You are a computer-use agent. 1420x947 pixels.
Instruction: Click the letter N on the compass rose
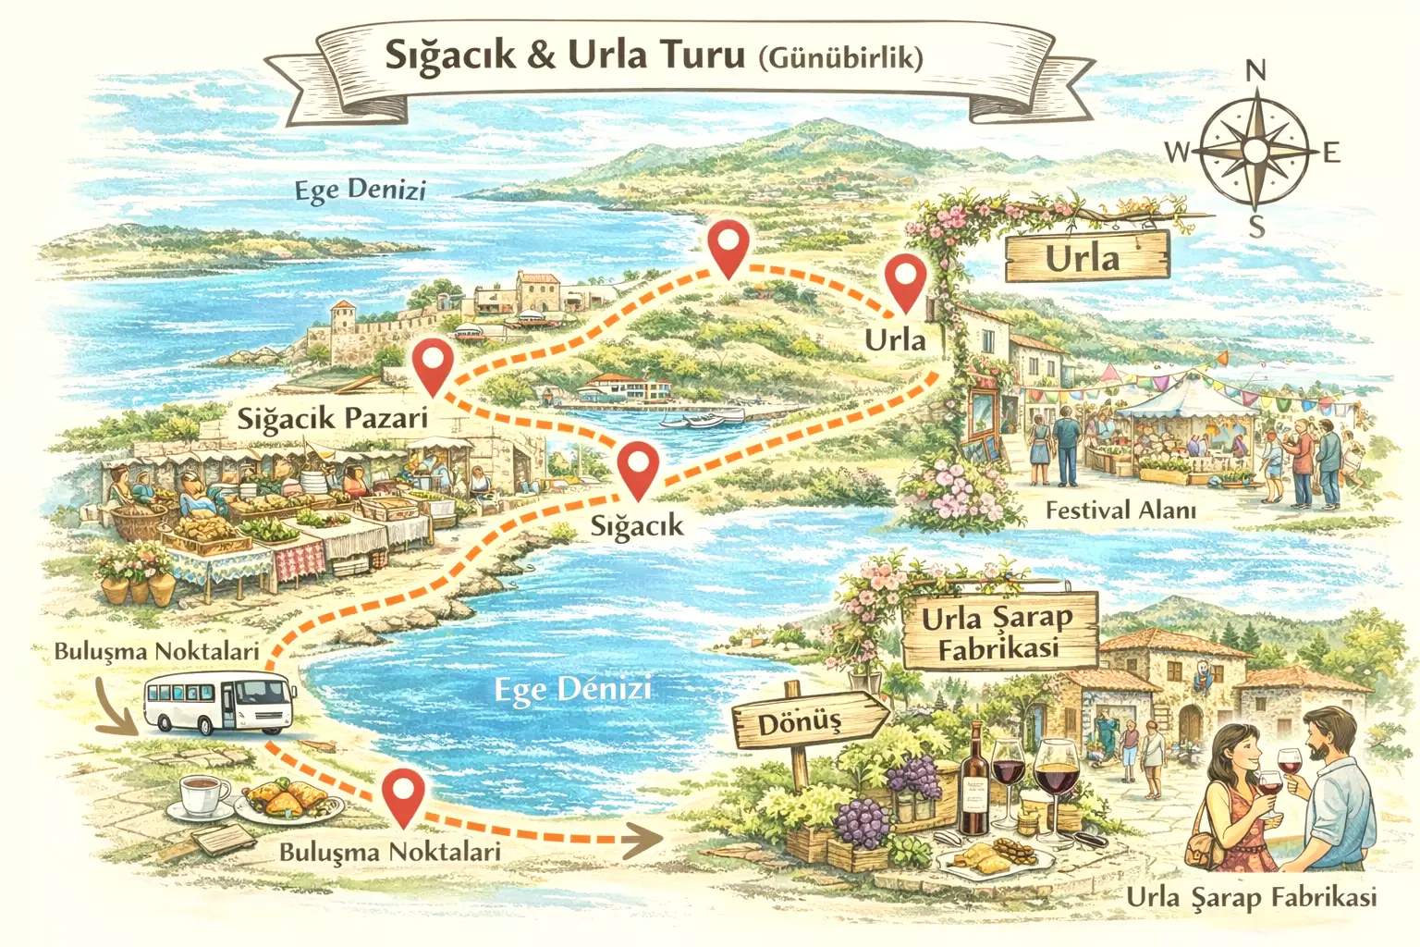coord(1255,70)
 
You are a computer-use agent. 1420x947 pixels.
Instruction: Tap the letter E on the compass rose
coord(1331,153)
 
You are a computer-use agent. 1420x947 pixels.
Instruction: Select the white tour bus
coord(220,703)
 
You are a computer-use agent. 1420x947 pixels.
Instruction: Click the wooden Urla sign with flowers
coord(1086,256)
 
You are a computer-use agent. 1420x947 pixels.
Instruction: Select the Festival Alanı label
coord(1120,510)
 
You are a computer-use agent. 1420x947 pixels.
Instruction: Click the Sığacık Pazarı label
coord(333,418)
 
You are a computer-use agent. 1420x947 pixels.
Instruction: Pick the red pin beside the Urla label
coord(904,283)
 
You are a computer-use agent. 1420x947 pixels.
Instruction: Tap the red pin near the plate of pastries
coord(404,796)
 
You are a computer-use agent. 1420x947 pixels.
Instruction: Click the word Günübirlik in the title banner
coord(839,58)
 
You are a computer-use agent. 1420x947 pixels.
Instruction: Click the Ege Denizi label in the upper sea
coord(360,191)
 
